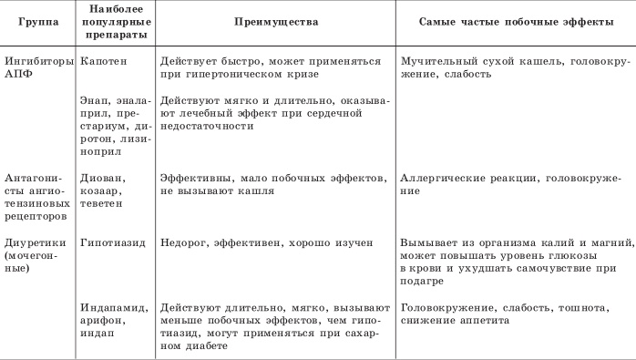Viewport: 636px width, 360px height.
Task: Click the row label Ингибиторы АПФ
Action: [x=35, y=66]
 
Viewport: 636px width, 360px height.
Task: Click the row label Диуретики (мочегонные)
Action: [x=34, y=256]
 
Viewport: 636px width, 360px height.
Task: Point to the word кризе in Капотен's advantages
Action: [x=315, y=73]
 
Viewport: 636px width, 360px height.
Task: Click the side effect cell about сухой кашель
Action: [x=509, y=66]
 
